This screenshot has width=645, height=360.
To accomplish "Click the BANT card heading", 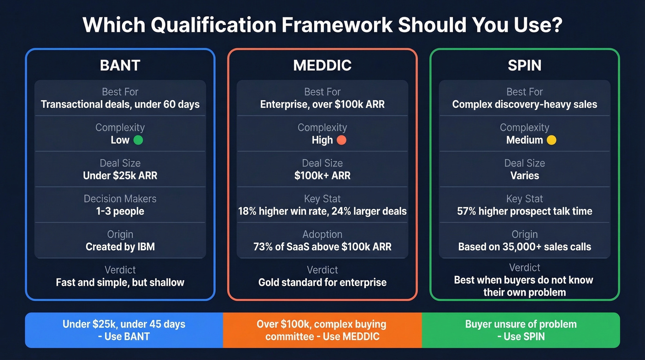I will [120, 65].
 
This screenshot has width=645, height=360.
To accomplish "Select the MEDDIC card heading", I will [322, 65].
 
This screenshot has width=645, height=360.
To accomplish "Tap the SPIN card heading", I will [524, 65].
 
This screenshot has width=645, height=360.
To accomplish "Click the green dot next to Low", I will [138, 140].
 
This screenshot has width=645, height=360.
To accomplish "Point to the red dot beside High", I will [341, 140].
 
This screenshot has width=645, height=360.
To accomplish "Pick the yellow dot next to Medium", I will [551, 140].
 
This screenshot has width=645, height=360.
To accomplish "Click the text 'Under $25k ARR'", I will [120, 176].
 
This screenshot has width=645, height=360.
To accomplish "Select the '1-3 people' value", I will [120, 211].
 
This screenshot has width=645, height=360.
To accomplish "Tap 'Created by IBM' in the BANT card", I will [120, 247].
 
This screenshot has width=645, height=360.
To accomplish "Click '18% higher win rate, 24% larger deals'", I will [322, 211].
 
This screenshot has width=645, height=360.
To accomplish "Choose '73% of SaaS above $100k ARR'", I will [322, 247].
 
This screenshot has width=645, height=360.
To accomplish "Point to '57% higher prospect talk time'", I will [524, 211].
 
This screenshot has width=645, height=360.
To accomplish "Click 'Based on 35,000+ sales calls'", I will [524, 247].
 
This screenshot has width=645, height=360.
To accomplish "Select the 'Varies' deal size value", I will [524, 176].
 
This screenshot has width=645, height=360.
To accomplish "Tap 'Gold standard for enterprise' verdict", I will [322, 282].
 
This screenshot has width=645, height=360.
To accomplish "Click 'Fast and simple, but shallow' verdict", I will [120, 282].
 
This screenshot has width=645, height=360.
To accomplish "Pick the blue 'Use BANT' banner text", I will [124, 330].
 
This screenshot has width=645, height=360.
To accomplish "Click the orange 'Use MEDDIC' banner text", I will [322, 330].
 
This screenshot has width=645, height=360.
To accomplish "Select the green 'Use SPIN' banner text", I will [521, 330].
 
